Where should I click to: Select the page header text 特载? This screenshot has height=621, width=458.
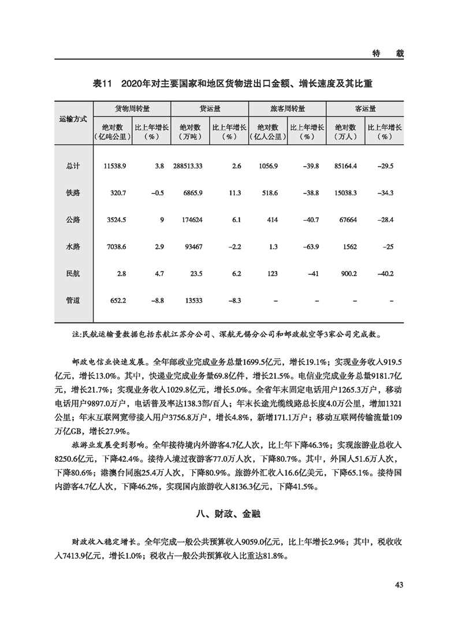click(388, 52)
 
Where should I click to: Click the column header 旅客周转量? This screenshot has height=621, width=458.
click(287, 108)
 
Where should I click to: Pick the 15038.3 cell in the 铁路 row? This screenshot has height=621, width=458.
click(346, 193)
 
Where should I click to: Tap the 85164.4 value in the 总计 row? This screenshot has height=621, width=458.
click(346, 166)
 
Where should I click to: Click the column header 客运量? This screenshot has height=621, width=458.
click(365, 108)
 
